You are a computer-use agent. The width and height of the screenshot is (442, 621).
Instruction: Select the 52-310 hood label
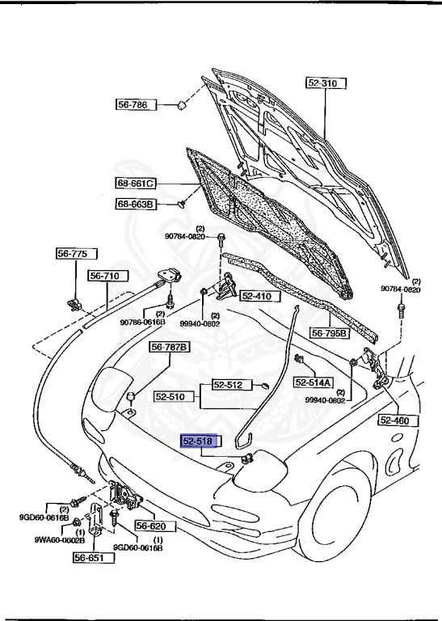(324, 82)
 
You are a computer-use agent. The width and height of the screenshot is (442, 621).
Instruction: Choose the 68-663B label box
(133, 205)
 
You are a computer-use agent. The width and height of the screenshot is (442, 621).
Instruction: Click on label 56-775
(71, 254)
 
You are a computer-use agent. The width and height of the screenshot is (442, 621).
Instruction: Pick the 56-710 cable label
(104, 277)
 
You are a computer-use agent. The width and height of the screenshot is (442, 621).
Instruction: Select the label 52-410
(257, 297)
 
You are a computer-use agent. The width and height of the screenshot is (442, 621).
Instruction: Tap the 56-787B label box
(170, 348)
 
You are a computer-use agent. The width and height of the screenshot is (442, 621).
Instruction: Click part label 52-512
(228, 385)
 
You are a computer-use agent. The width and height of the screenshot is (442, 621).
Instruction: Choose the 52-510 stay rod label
(170, 397)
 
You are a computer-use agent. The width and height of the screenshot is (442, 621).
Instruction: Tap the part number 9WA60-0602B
(36, 540)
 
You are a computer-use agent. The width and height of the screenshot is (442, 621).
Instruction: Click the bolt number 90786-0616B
(142, 322)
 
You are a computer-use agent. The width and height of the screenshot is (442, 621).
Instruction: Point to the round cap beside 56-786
(183, 105)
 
